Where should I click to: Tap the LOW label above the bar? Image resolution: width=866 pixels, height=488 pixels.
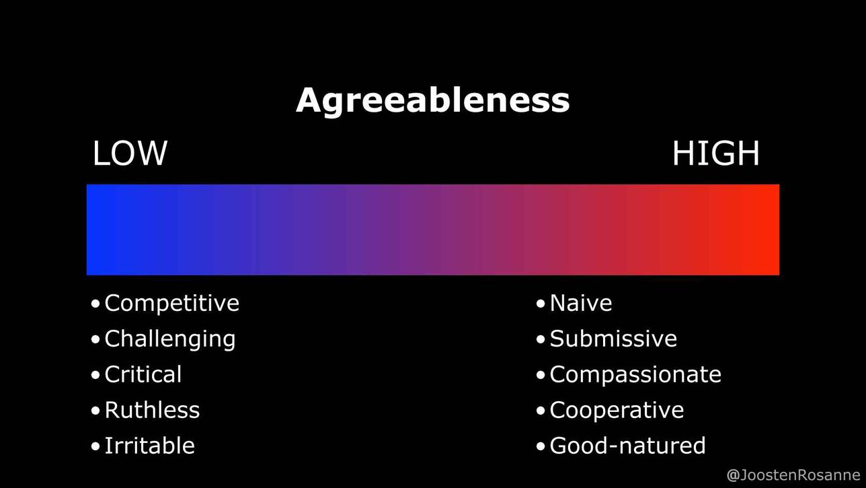point(130,153)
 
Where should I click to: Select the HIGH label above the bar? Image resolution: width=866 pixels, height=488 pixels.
point(715,153)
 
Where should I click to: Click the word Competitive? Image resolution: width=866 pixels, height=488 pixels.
point(172,303)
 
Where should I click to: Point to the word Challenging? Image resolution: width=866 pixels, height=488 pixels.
point(170,339)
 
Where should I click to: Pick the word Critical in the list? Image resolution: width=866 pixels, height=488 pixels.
point(143,374)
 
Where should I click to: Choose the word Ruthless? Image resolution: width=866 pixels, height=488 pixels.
point(153,410)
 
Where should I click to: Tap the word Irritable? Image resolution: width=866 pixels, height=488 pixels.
point(150,446)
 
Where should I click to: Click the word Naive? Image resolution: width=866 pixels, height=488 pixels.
point(581,303)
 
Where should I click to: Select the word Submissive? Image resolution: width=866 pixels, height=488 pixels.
point(613,339)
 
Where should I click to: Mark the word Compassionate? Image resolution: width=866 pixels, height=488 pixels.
point(635,375)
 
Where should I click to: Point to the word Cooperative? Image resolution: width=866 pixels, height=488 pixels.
point(617,411)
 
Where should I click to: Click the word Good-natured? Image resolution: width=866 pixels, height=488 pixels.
point(628,446)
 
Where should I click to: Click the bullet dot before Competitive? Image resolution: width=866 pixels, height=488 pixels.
point(95,304)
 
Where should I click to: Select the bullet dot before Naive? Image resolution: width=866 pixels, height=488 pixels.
point(541,304)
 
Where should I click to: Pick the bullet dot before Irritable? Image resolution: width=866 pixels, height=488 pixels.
point(95,446)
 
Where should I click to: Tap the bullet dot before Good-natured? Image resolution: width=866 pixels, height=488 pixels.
point(541,446)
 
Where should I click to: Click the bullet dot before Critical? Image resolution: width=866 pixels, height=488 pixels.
point(95,375)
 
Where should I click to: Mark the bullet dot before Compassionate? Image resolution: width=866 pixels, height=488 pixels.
point(541,375)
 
